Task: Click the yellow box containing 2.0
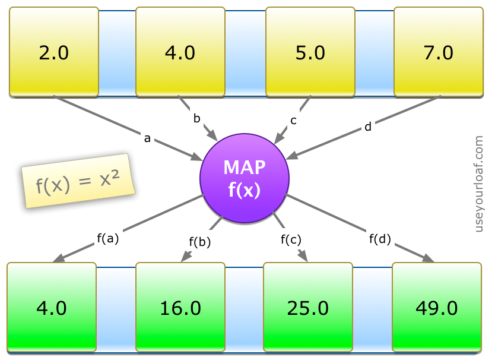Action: pos(54,52)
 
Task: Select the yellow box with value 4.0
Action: pos(180,52)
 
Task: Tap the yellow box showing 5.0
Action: pos(310,52)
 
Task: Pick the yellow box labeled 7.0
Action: pos(439,52)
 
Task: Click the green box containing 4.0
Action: pos(52,308)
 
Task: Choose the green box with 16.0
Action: pos(180,308)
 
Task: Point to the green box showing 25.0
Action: pos(307,308)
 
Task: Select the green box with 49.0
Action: pos(436,308)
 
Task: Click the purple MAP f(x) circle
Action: pos(244,179)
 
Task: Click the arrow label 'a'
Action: pos(147,139)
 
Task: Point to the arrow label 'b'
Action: pos(196,118)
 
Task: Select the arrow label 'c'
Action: pos(293,121)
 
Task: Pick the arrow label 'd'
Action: pos(368,127)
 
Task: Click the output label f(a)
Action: pos(108,239)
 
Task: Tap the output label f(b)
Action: pos(200,242)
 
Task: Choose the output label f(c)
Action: pos(291,239)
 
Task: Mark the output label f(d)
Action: pos(380,239)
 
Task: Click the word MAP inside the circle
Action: pos(244,168)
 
